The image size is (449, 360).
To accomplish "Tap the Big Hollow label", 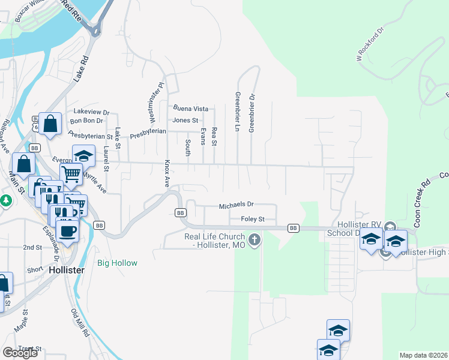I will pos(118,263).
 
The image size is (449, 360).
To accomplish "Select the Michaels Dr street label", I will pos(237,205).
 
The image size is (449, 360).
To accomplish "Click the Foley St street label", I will pos(253,219).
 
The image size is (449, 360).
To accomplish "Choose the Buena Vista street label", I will pos(190,109).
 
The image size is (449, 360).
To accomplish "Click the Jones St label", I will pos(185,120).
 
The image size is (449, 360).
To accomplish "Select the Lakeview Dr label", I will pos(91,112).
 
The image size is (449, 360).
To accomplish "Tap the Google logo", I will pos(20,353).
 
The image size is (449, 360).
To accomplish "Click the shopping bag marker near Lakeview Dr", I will pos(50,124).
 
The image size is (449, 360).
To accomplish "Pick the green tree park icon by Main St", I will pos(6,200).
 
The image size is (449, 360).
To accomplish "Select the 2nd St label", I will pos(32,247).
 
